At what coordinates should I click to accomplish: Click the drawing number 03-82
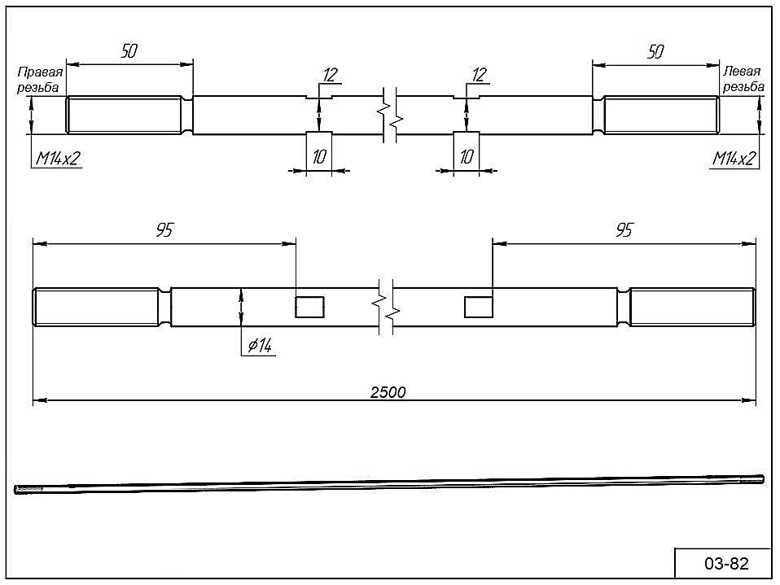(x=726, y=563)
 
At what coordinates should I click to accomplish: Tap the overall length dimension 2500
(x=388, y=392)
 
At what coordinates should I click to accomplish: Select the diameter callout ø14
(x=260, y=344)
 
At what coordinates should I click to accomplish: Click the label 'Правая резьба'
(x=40, y=80)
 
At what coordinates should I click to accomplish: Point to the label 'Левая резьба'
(x=743, y=79)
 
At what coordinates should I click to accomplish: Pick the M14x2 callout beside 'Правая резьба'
(x=58, y=159)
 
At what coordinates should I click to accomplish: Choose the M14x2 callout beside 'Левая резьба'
(x=734, y=159)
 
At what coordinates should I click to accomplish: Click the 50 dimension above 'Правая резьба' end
(x=129, y=50)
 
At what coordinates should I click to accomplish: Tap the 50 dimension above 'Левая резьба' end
(x=655, y=51)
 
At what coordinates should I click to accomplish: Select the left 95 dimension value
(x=164, y=230)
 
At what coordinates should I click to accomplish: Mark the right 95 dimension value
(x=624, y=230)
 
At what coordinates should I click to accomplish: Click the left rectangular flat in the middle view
(x=310, y=307)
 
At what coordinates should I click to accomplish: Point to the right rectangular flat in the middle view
(x=479, y=307)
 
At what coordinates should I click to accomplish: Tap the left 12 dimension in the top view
(x=331, y=75)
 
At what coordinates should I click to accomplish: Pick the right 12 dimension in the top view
(x=479, y=75)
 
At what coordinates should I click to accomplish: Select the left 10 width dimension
(x=319, y=157)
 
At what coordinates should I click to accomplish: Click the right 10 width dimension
(x=466, y=157)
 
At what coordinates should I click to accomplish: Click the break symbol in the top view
(x=390, y=115)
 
